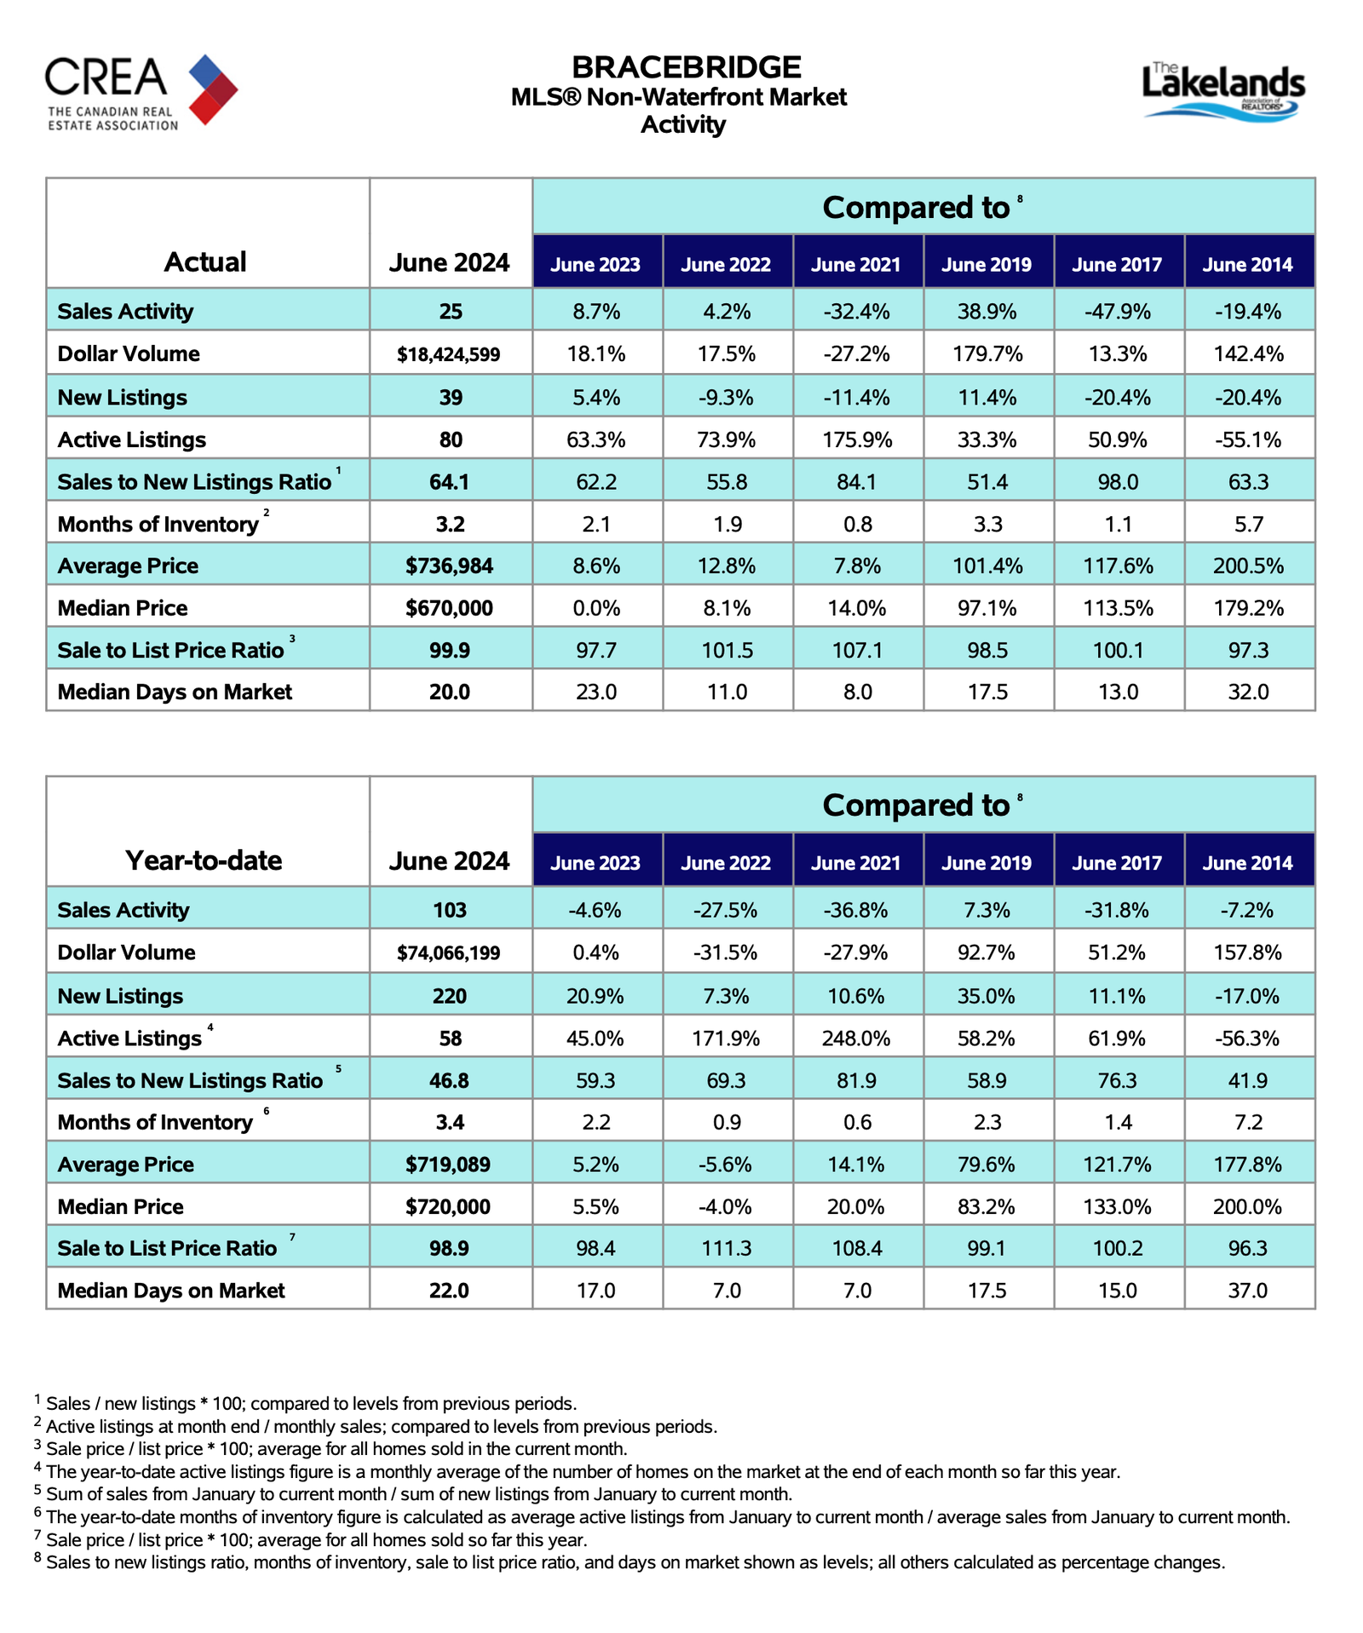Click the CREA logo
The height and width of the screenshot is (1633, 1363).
click(x=141, y=91)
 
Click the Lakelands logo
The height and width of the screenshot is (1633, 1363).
click(x=1222, y=91)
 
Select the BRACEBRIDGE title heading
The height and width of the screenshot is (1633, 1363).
click(x=686, y=67)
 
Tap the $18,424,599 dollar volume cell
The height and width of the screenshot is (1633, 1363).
click(x=450, y=354)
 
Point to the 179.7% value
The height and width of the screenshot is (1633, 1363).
click(x=987, y=354)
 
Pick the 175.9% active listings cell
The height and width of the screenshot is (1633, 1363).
click(x=857, y=440)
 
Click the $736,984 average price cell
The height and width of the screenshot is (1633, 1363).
click(x=450, y=566)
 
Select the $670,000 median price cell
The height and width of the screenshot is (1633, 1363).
click(x=450, y=608)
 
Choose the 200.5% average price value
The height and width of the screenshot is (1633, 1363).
click(x=1248, y=566)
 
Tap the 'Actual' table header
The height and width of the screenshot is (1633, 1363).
click(x=205, y=262)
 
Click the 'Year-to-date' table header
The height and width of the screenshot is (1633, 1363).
click(x=204, y=860)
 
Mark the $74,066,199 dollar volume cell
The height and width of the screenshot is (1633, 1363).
click(x=449, y=952)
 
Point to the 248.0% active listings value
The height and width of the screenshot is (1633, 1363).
click(x=857, y=1038)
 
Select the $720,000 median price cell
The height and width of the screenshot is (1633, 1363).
click(x=449, y=1206)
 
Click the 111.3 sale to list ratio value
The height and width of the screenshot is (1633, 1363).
click(x=727, y=1249)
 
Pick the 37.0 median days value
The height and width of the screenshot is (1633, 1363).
click(x=1248, y=1291)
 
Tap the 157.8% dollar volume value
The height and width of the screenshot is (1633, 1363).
click(x=1248, y=952)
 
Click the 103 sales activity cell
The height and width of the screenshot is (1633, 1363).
click(x=450, y=910)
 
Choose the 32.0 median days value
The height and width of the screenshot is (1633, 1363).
click(x=1248, y=692)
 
